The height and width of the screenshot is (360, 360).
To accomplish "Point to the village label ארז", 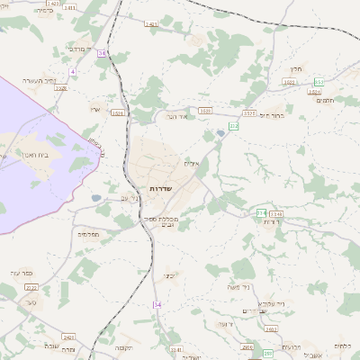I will point(94,110).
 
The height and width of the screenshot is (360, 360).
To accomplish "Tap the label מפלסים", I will point(88,234).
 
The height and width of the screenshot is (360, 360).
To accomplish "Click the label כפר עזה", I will point(22,273).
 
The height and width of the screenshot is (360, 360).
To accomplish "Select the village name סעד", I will point(31,303).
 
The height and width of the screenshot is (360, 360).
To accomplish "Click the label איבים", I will point(191,163).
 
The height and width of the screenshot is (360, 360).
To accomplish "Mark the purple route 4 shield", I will point(72,71).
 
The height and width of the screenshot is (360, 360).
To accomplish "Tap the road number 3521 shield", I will point(117,113).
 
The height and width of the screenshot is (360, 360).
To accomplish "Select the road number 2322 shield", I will point(31,288).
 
